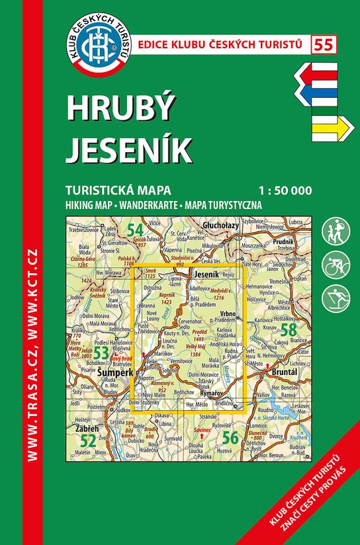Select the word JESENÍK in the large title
129,150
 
